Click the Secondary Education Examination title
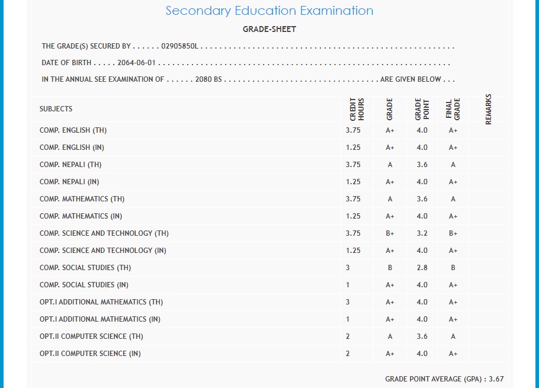pyautogui.click(x=269, y=11)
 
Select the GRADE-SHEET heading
pyautogui.click(x=269, y=29)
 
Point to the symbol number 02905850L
pyautogui.click(x=180, y=46)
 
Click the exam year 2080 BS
pyautogui.click(x=208, y=79)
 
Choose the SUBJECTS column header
pyautogui.click(x=56, y=109)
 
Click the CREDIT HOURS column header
pyautogui.click(x=357, y=109)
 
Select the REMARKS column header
pyautogui.click(x=489, y=109)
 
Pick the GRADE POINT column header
pyautogui.click(x=422, y=109)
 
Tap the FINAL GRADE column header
pyautogui.click(x=453, y=109)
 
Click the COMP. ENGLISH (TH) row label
pyautogui.click(x=73, y=130)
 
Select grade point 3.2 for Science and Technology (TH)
pyautogui.click(x=422, y=233)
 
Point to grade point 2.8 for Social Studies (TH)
pyautogui.click(x=422, y=268)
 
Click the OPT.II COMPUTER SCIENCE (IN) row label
pyautogui.click(x=90, y=354)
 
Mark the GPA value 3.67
pyautogui.click(x=496, y=379)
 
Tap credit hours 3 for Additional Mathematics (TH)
pyautogui.click(x=348, y=302)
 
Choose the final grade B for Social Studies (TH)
pyautogui.click(x=453, y=268)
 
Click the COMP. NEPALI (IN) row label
pyautogui.click(x=69, y=182)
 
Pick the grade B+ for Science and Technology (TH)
pyautogui.click(x=390, y=233)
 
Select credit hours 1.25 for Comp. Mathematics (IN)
pyautogui.click(x=353, y=216)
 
